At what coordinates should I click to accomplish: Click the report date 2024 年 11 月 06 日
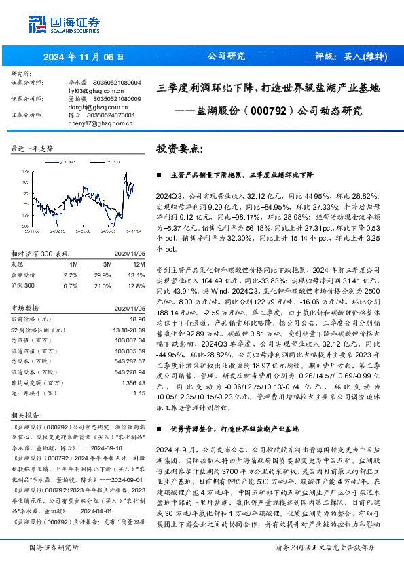tap(84, 56)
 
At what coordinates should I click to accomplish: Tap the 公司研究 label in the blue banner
tap(225, 56)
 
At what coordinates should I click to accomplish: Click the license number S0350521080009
tap(116, 99)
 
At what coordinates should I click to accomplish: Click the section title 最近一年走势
tap(32, 148)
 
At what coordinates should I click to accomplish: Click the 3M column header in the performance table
tap(107, 264)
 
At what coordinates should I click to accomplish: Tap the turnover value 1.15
tap(139, 393)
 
